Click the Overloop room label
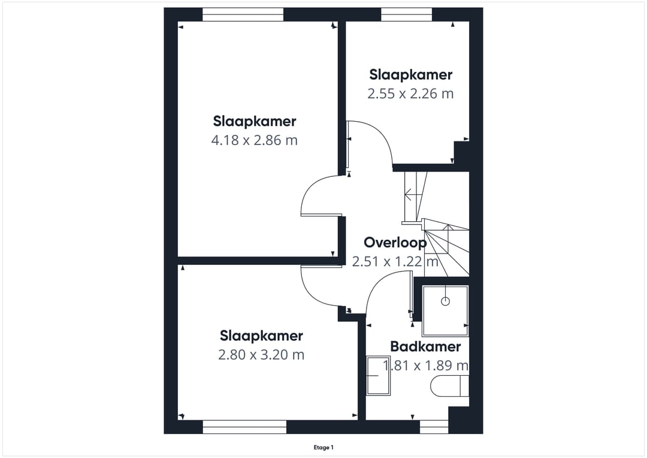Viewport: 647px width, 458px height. click(395, 243)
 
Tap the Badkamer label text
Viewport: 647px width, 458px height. click(425, 346)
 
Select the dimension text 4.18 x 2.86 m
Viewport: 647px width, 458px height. click(254, 140)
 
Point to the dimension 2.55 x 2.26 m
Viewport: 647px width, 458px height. click(410, 94)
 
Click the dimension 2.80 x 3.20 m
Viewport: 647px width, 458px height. click(261, 355)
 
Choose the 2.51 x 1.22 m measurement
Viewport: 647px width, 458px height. click(395, 261)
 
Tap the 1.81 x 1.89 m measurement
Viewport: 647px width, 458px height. click(425, 366)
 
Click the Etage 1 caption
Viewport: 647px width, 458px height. click(323, 447)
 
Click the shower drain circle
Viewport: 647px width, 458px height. click(445, 302)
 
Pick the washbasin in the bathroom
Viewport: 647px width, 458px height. click(379, 376)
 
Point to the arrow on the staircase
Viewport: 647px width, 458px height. click(414, 194)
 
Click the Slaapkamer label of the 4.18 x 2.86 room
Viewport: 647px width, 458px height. click(255, 122)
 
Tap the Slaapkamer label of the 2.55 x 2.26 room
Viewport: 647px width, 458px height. click(410, 75)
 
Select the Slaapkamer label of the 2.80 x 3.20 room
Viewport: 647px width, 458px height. click(261, 336)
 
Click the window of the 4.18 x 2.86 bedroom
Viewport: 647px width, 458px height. click(243, 14)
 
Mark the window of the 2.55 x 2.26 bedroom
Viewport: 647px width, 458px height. click(406, 14)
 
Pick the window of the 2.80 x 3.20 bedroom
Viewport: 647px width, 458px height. click(244, 427)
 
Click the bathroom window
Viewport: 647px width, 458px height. click(434, 427)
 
